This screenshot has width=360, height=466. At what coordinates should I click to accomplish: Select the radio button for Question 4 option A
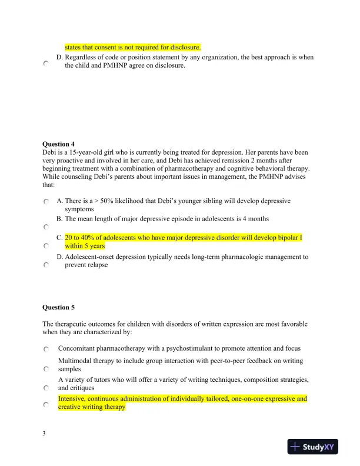coord(46,202)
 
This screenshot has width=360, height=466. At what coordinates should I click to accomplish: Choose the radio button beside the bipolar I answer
coord(46,246)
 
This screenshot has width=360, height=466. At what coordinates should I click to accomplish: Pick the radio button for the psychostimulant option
coord(46,349)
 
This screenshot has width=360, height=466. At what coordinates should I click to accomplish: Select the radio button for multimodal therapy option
coord(46,369)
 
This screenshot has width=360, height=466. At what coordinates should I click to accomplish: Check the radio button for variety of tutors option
coord(46,388)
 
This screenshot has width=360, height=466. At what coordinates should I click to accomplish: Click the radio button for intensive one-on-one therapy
coord(46,405)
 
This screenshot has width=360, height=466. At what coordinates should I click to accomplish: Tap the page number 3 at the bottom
coord(44,434)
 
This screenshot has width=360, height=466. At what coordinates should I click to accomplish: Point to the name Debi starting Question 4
coord(49,152)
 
